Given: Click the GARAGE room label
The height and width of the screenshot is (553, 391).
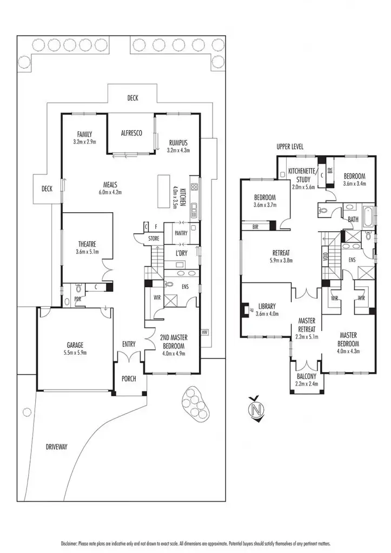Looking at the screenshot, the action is [75, 345].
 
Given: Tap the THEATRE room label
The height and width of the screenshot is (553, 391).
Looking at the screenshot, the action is [87, 244].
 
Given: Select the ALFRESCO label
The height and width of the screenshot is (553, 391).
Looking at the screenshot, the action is [131, 133].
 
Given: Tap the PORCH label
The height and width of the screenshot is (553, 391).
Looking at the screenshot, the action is [129, 379].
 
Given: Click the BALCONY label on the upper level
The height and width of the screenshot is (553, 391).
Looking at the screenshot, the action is [306, 377].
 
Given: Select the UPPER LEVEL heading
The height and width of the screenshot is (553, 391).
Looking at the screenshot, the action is [290, 147].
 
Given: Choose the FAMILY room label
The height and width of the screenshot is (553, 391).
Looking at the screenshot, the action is [84, 134].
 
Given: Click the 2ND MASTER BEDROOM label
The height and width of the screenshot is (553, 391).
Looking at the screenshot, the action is [173, 342].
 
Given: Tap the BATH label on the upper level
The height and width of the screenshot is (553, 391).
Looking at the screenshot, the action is [353, 219].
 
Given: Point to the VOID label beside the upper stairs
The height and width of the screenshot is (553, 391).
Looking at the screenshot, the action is [324, 255].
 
